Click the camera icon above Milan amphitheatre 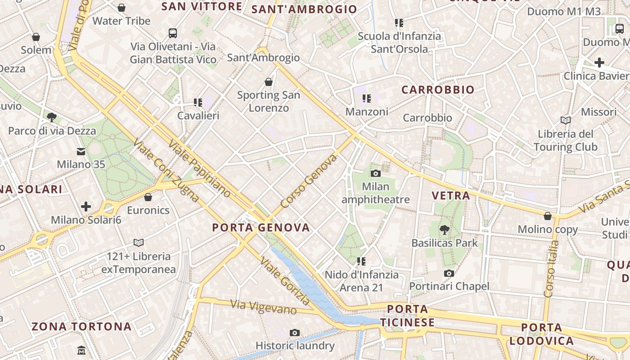(375, 173)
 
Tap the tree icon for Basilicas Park (445, 230)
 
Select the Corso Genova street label (309, 181)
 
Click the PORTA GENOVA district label (261, 228)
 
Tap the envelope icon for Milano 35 (81, 152)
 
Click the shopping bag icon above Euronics (148, 197)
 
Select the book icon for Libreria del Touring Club (566, 120)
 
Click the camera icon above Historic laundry (295, 333)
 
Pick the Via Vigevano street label (264, 307)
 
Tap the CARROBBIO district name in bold (438, 90)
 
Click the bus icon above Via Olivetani (173, 33)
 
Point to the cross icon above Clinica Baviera (599, 63)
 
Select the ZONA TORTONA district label (81, 326)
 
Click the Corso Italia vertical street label (551, 269)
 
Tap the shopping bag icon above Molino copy (548, 216)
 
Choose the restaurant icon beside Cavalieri (198, 103)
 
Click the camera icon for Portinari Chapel (449, 273)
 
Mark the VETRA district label (450, 195)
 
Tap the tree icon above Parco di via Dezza (52, 117)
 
